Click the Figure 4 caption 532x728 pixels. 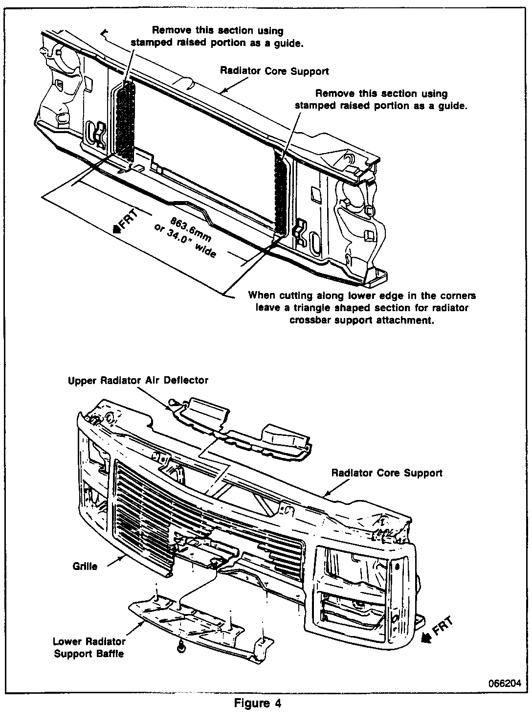coord(258,704)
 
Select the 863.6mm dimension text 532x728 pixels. coord(191,230)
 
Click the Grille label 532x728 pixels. coord(85,567)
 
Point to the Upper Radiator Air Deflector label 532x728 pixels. coord(138,380)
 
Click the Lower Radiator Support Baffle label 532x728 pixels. coord(89,647)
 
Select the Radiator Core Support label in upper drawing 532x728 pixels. coord(274,71)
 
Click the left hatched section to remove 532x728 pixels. coord(127,121)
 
